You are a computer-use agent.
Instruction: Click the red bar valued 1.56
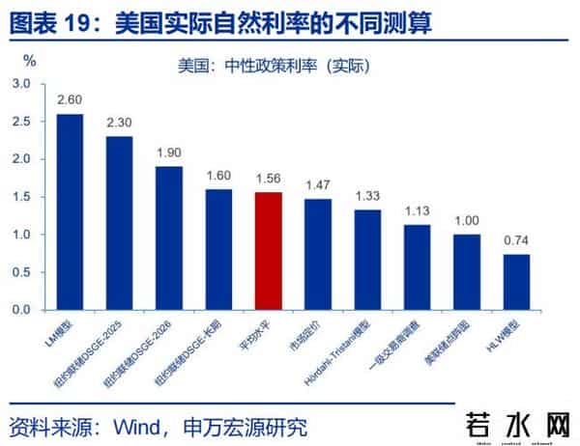coord(268,251)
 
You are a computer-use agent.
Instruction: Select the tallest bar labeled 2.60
coord(70,212)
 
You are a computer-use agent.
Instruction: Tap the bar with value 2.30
coord(119,223)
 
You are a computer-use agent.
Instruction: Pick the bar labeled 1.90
coord(168,238)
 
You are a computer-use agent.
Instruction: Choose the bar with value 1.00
coord(466,272)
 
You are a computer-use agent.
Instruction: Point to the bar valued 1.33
coord(367,260)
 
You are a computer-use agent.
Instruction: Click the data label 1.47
coord(317,184)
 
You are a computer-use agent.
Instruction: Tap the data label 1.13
coord(417,210)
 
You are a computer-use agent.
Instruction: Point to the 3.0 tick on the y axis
coord(21,85)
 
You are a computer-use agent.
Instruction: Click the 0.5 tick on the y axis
coord(21,272)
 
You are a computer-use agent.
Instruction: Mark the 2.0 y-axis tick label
coord(21,159)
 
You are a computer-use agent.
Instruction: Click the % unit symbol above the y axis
coord(29,60)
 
